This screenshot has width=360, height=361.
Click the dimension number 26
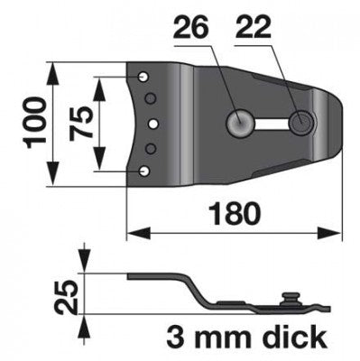coord(190,28)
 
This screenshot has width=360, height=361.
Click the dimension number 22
coord(253,28)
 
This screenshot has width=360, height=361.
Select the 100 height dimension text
coord(35,123)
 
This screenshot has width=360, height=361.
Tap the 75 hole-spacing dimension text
coord(80,123)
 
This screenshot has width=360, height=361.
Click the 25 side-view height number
coord(66,296)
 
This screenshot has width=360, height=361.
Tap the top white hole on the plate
coord(143,77)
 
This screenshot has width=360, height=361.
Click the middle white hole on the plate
coord(153,123)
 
